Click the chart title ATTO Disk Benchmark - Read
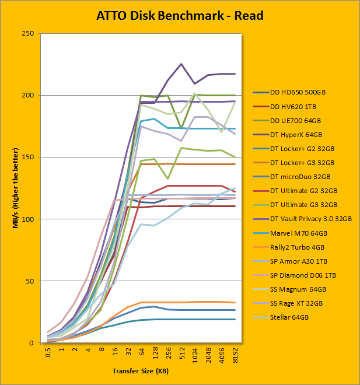(x=180, y=15)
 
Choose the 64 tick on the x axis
(x=141, y=352)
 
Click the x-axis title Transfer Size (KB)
(x=141, y=371)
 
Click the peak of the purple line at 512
(x=181, y=64)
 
